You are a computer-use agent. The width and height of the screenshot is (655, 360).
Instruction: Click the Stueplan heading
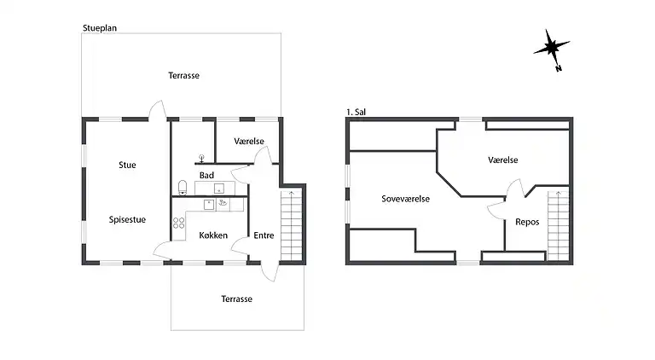[x=100, y=28]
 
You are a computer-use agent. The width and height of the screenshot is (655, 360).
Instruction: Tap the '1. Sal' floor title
[x=356, y=112]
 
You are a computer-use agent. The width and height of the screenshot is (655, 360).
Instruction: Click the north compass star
[x=551, y=47]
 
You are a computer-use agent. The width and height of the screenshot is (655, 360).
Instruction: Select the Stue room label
[x=127, y=165]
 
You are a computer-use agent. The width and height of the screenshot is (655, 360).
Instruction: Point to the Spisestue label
[x=127, y=220]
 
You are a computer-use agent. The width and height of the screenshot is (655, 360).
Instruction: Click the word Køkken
[x=213, y=235]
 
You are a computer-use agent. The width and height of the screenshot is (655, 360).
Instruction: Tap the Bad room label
[x=206, y=176]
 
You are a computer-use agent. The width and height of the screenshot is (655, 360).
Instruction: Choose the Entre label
[x=264, y=235]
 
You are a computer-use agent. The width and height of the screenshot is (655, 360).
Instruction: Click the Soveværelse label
[x=406, y=199]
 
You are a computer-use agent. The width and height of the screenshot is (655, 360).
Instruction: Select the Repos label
[x=527, y=222]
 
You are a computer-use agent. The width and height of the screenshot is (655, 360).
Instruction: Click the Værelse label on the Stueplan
[x=249, y=141]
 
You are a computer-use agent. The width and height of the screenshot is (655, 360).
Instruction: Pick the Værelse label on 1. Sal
[x=503, y=160]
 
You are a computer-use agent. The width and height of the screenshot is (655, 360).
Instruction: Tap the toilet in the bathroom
[x=183, y=188]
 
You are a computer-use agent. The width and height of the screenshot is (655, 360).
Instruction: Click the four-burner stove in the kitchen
[x=179, y=223]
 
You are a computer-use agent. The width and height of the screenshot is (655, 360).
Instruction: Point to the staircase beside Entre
[x=291, y=225]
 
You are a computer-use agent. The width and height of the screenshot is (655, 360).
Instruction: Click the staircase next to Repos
[x=558, y=225]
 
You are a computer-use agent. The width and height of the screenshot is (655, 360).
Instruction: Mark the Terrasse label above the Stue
[x=184, y=76]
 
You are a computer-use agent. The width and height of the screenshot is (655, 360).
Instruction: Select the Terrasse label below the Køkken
[x=237, y=299]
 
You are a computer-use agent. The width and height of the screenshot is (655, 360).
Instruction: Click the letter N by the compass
[x=559, y=69]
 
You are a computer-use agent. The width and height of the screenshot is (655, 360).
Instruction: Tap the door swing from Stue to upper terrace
[x=158, y=110]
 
